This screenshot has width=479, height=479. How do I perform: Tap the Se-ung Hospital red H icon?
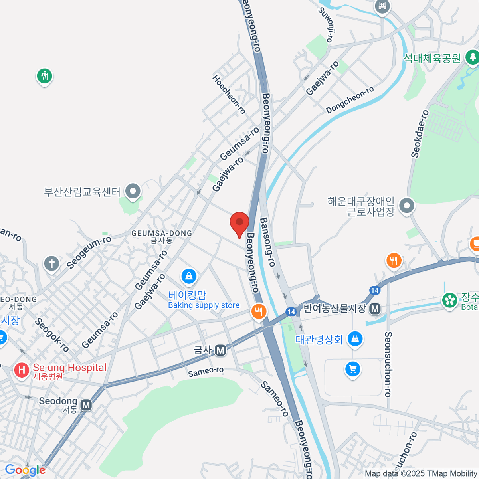pos(21,370)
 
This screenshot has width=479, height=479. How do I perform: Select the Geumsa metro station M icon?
pos(220,350)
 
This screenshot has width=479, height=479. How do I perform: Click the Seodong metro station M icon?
pos(86,405)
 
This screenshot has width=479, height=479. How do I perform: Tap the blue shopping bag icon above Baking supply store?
pos(189,275)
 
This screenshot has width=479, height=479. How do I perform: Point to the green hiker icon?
pos(44,76)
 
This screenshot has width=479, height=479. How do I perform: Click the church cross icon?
pos(51,263)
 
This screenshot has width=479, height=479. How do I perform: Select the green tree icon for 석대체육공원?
pos(473,57)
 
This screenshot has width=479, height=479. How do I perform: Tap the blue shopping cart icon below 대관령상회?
pos(352,369)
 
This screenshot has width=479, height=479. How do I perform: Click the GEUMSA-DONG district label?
pos(162,233)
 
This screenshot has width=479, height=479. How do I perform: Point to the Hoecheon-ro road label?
pos(229,94)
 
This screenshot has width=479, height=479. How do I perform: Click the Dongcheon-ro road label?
pos(350,100)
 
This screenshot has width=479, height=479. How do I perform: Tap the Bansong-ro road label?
pos(267,242)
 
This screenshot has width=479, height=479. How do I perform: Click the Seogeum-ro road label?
pos(89,252)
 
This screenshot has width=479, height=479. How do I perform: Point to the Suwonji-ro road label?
pos(326,24)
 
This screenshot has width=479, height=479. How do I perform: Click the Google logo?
pos(25,470)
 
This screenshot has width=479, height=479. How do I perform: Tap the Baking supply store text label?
pos(204,305)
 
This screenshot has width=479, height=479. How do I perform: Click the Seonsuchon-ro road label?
pos(388,364)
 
